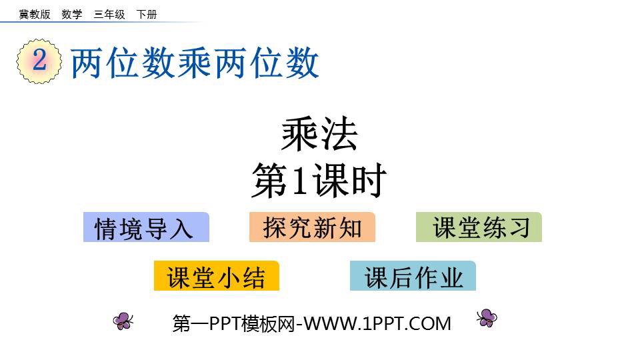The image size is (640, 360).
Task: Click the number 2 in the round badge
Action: point(39,60)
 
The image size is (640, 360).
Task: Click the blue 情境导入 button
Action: point(146,227)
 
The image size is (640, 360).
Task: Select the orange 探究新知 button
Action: point(312,227)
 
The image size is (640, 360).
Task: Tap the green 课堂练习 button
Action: point(479,227)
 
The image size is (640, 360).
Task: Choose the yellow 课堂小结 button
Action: point(216,276)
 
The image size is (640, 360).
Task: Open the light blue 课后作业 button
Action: point(413,276)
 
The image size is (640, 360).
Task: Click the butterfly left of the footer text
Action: point(123,321)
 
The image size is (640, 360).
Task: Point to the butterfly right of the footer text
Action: point(487,318)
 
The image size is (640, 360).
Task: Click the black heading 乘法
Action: point(319,134)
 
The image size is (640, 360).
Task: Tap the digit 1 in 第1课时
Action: point(299,181)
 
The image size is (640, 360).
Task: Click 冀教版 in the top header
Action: point(35,14)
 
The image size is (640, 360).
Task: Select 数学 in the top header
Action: point(72,14)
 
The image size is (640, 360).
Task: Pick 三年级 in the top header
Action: point(109,14)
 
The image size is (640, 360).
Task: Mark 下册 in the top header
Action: point(147,14)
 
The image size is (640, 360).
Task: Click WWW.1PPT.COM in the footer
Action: point(377,324)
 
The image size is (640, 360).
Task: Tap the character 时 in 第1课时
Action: point(369,181)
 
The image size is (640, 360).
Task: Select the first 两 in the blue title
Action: point(87,63)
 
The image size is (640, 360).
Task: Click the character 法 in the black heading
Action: point(339,134)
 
